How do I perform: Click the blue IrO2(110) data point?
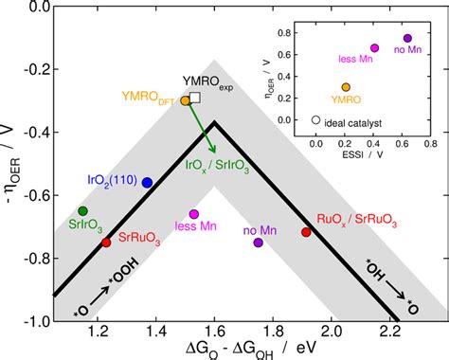coord(147,182)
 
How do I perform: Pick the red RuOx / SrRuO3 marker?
coord(306,232)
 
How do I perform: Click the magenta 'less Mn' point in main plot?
coord(194,214)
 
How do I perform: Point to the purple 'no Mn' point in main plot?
coord(259,243)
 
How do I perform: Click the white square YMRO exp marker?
coord(195,98)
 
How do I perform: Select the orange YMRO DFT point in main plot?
coord(186,100)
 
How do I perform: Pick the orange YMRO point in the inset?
coord(346,86)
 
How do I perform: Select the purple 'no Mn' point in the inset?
coord(408,38)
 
